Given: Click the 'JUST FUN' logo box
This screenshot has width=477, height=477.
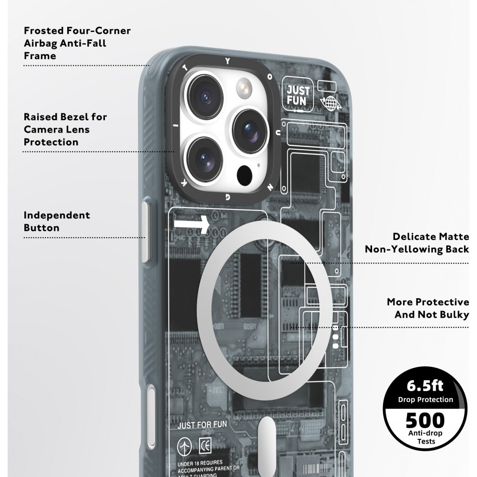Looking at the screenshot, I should coord(298,95).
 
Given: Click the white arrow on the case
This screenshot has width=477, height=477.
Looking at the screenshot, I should coord(192,223).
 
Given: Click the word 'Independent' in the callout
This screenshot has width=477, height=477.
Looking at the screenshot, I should coord(57,215).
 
